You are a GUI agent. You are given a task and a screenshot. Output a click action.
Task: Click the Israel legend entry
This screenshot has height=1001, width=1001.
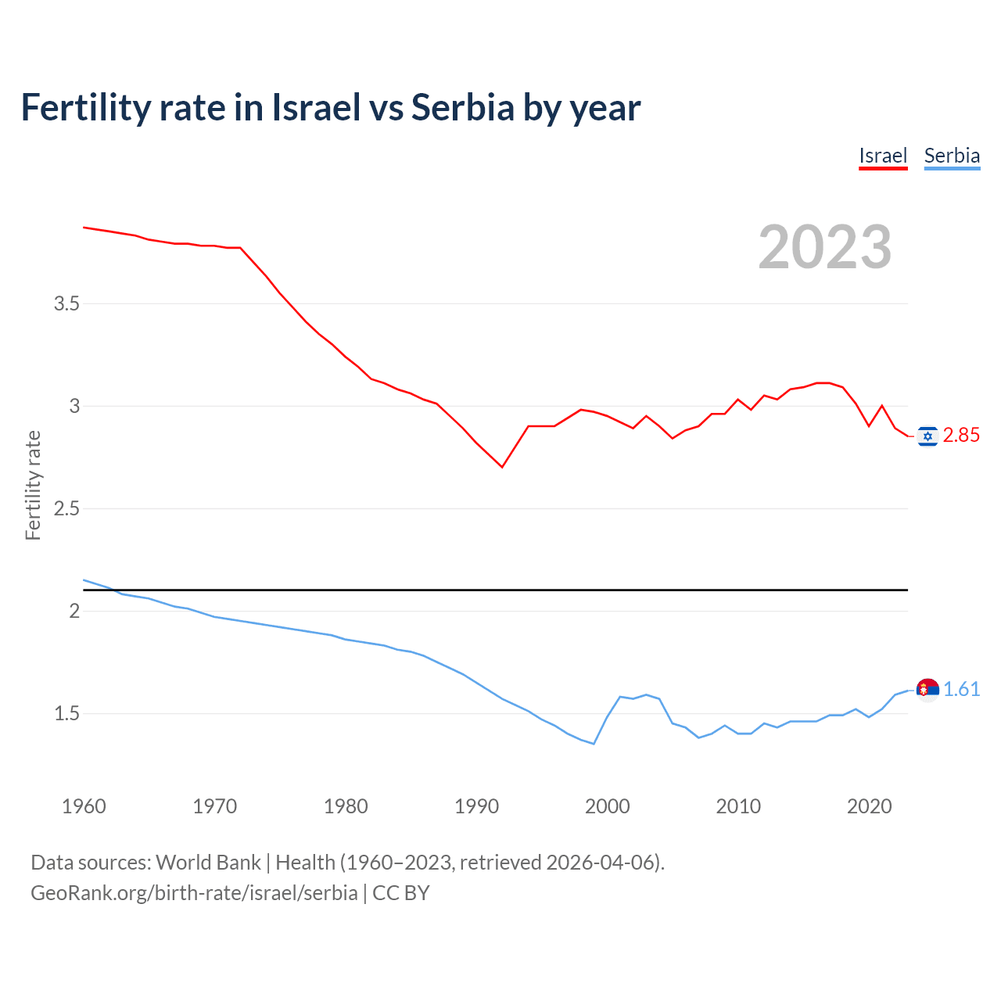pyautogui.click(x=883, y=156)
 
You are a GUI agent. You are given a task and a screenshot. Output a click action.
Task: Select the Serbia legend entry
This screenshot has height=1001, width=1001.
pyautogui.click(x=952, y=156)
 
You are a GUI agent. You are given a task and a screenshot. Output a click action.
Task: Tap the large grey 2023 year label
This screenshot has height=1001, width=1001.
pyautogui.click(x=825, y=247)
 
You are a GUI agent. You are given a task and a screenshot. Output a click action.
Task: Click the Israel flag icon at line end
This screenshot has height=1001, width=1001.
pyautogui.click(x=927, y=436)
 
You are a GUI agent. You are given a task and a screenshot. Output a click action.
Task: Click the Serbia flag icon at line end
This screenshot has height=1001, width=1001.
pyautogui.click(x=927, y=690)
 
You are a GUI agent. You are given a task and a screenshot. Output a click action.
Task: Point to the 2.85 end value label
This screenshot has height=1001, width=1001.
pyautogui.click(x=961, y=436)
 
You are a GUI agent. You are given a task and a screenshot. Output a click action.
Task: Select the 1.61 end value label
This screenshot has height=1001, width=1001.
pyautogui.click(x=961, y=689)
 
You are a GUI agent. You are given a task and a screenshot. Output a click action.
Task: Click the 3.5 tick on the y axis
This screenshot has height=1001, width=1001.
pyautogui.click(x=66, y=303)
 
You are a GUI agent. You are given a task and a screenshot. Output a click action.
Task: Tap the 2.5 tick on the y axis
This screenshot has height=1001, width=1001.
pyautogui.click(x=66, y=509)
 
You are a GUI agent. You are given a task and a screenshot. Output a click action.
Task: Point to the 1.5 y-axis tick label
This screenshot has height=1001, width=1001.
pyautogui.click(x=66, y=714)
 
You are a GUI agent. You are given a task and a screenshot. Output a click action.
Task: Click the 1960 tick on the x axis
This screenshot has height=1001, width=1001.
pyautogui.click(x=84, y=806)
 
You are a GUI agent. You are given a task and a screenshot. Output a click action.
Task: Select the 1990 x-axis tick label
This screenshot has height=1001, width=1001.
pyautogui.click(x=476, y=806)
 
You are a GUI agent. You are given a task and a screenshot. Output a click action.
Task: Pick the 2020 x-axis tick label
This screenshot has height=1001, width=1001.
pyautogui.click(x=869, y=806)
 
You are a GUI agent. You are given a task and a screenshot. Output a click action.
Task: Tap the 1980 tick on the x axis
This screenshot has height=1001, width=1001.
pyautogui.click(x=346, y=806)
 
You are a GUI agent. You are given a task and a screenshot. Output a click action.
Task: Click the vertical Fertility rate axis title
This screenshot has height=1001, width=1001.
pyautogui.click(x=33, y=485)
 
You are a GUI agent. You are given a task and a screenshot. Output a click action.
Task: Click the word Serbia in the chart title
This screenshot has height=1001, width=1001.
pyautogui.click(x=462, y=108)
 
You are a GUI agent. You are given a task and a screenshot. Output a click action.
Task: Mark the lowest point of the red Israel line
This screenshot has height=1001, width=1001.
pyautogui.click(x=502, y=467)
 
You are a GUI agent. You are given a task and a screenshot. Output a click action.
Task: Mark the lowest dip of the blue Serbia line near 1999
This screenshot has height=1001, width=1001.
pyautogui.click(x=594, y=744)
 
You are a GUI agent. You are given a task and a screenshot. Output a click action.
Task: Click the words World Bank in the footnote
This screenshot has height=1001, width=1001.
pyautogui.click(x=208, y=863)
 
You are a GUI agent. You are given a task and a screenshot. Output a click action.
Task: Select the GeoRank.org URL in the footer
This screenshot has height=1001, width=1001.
pyautogui.click(x=194, y=893)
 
